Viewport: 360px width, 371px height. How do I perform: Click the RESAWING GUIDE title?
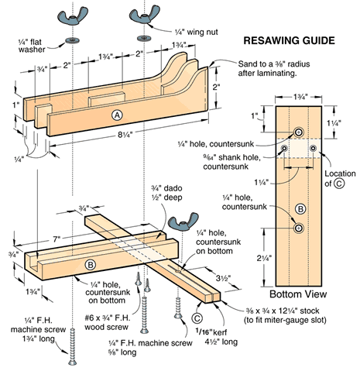tap(290, 39)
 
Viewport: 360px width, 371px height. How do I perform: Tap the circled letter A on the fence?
tap(118, 115)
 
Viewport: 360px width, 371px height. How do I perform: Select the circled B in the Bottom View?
tap(297, 208)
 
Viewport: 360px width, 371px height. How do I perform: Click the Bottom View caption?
tap(297, 295)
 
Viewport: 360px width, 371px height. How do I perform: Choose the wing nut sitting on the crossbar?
tap(179, 225)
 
